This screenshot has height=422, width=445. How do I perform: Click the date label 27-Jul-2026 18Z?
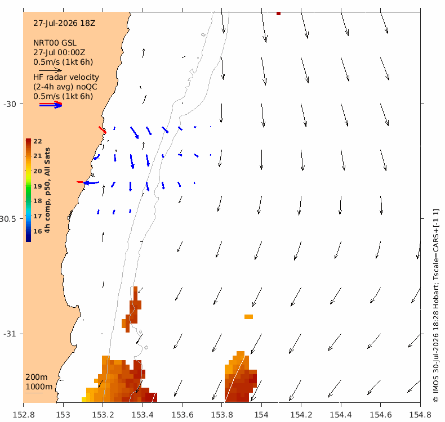[64, 23]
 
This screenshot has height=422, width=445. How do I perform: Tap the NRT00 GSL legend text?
[55, 43]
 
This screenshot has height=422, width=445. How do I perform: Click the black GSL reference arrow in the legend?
[50, 70]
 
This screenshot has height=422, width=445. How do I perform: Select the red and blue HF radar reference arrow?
[51, 104]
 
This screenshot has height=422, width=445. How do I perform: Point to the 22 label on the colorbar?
[38, 141]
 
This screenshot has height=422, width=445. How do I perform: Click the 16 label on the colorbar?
[38, 231]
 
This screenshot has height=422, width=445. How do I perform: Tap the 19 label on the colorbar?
[38, 186]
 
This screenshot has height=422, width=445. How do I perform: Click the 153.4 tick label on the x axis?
[142, 415]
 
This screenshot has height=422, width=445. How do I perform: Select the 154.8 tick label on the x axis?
[420, 415]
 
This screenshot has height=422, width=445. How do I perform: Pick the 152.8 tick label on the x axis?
[24, 415]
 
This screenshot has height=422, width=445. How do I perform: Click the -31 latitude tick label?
[10, 334]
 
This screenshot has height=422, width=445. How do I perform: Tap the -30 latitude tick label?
[10, 104]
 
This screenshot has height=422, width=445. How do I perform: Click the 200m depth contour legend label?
[36, 377]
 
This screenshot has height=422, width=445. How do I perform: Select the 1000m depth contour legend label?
[39, 387]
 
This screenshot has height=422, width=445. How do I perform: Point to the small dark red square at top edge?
[278, 14]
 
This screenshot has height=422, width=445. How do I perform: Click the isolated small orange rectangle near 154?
[248, 317]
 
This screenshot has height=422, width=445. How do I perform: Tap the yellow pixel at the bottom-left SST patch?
[84, 399]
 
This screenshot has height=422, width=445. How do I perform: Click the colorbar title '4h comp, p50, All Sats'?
[47, 190]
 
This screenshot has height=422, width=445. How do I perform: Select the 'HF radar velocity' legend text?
[66, 77]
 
